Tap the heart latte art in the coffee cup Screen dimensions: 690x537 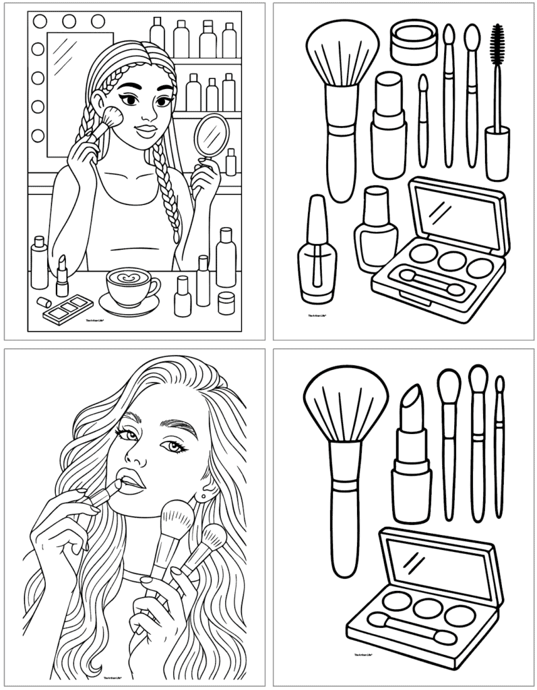[x=129, y=276]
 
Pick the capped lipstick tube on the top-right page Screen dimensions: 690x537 [x=388, y=128]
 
